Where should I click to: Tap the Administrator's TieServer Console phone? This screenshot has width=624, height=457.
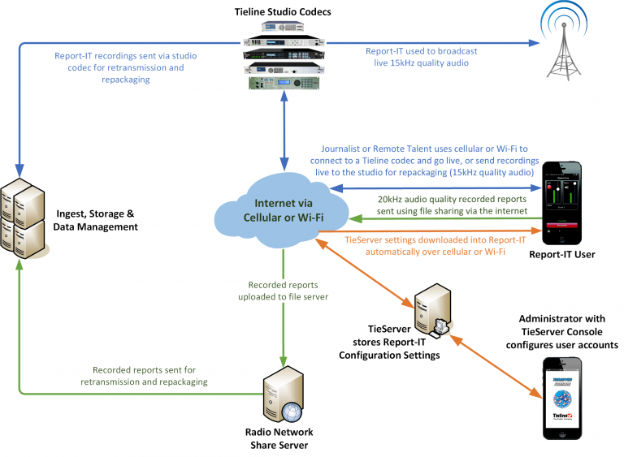tap(560, 396)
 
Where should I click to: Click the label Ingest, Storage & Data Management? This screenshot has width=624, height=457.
tap(96, 220)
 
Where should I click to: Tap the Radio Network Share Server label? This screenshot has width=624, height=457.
tap(279, 438)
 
